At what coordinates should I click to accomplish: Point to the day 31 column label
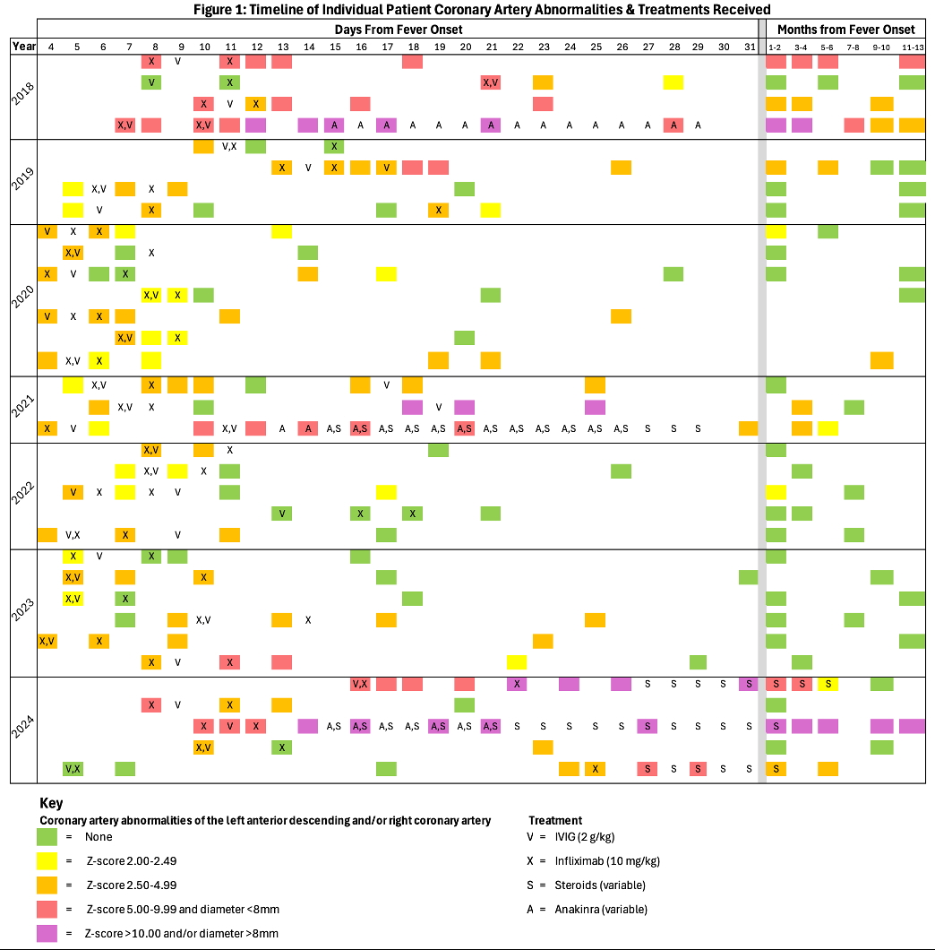tap(748, 46)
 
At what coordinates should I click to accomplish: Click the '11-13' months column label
tap(913, 46)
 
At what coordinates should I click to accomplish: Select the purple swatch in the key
tap(48, 933)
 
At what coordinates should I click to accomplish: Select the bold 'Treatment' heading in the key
tap(555, 820)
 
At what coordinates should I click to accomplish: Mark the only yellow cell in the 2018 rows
tap(673, 82)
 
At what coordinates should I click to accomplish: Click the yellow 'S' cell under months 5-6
tap(828, 685)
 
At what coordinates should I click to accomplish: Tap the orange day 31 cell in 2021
tap(748, 428)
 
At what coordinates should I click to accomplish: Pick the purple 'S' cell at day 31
tap(748, 685)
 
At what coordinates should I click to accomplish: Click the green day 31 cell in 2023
tap(748, 577)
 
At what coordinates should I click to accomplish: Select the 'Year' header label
tap(23, 46)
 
